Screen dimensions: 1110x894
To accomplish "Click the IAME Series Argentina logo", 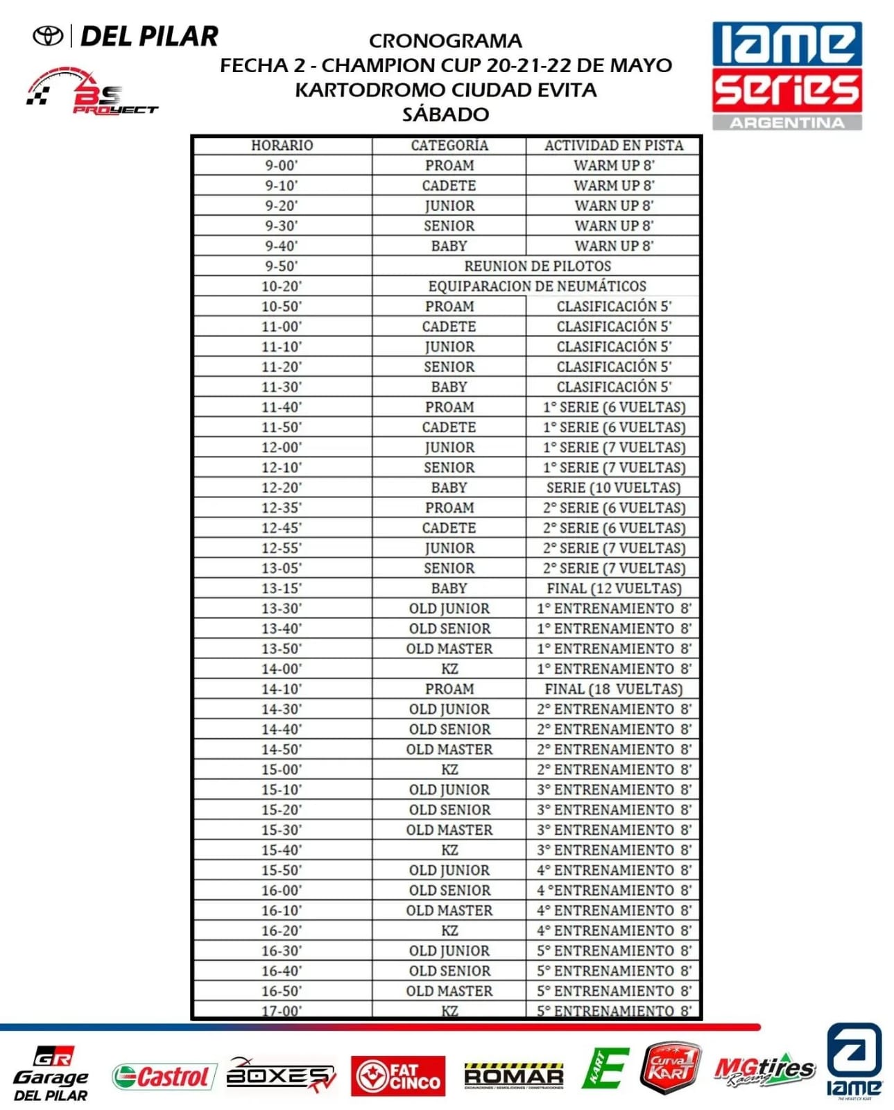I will coord(786,75).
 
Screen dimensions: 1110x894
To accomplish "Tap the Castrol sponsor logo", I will coord(161,1076).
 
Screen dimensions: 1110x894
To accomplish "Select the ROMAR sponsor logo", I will coord(513,1076).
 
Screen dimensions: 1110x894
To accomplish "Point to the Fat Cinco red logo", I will coord(398,1076).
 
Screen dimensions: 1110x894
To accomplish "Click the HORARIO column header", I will coord(282,146).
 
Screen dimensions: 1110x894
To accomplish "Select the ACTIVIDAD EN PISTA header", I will coord(613,146).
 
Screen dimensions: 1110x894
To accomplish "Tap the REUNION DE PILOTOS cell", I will coord(537,266).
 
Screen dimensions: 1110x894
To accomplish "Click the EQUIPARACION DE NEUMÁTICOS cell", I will coord(537,287).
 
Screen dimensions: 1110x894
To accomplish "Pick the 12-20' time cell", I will coord(282,488).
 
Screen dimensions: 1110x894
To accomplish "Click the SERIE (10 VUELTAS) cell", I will coord(613,488).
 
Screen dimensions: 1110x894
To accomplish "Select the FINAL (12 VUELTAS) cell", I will coord(613,588).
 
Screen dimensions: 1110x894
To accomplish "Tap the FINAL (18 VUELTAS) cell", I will coord(613,689).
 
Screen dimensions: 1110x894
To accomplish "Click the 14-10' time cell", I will coord(282,689).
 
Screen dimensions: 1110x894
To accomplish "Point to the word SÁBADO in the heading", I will coord(445,114).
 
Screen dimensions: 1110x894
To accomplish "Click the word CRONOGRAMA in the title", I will coord(445,41).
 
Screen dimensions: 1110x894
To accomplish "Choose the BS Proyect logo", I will coord(92,92).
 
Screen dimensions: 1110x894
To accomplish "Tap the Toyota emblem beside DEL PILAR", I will coord(49,36).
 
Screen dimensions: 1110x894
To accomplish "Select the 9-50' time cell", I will coord(282,266).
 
